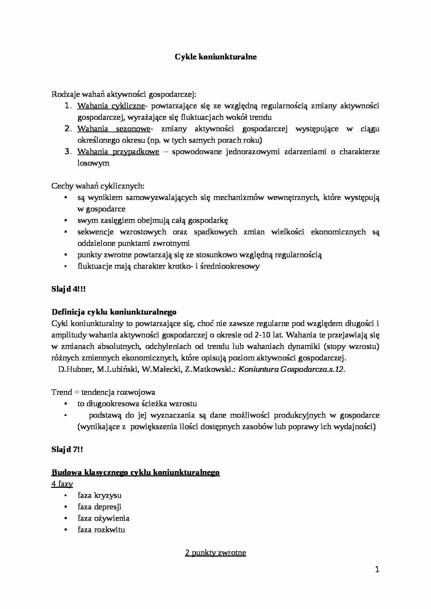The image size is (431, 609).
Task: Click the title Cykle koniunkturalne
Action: point(215,57)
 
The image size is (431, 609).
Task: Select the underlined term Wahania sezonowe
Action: point(114,129)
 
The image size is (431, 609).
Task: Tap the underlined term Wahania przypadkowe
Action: point(118,152)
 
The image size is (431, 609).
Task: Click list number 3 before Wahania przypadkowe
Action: point(68,152)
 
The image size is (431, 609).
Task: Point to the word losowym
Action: point(93,163)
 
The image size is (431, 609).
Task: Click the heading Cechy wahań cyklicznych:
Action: point(98,186)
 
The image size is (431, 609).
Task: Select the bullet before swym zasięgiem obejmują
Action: point(65,220)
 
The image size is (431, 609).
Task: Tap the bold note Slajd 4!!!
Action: point(68,289)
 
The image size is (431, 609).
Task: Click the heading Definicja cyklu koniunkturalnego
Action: point(114,312)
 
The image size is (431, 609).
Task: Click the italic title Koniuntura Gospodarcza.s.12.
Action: point(291,369)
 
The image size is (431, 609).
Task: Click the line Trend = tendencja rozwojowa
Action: point(103,392)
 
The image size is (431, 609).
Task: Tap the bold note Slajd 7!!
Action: point(67,450)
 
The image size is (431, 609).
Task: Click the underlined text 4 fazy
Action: point(62,484)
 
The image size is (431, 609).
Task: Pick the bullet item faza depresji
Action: point(99,507)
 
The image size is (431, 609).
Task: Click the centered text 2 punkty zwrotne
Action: point(215,553)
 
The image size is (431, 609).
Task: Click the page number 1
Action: point(377,570)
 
